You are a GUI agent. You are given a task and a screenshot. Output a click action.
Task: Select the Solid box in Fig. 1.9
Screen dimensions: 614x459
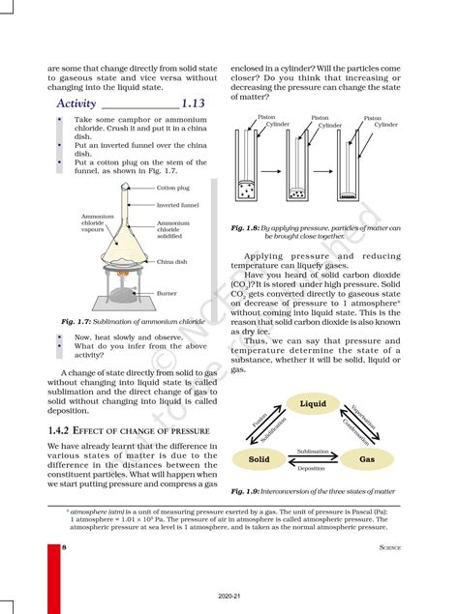pyautogui.click(x=260, y=459)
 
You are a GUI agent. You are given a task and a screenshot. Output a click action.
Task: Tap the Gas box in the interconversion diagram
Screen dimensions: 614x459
pyautogui.click(x=367, y=459)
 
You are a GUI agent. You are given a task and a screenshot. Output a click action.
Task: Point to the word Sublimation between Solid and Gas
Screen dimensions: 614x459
pyautogui.click(x=312, y=452)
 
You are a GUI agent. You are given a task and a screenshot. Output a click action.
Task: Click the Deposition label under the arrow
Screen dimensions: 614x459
pyautogui.click(x=312, y=467)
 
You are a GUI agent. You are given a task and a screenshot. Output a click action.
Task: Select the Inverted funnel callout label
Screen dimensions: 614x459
pyautogui.click(x=177, y=205)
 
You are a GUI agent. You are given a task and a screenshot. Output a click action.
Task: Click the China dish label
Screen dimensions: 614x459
pyautogui.click(x=171, y=261)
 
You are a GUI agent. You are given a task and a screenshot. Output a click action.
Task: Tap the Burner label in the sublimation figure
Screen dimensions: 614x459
pyautogui.click(x=167, y=292)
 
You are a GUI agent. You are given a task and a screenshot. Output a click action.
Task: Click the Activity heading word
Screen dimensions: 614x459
pyautogui.click(x=76, y=102)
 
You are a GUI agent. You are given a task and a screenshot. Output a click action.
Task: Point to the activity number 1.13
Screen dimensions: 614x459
pyautogui.click(x=195, y=102)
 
